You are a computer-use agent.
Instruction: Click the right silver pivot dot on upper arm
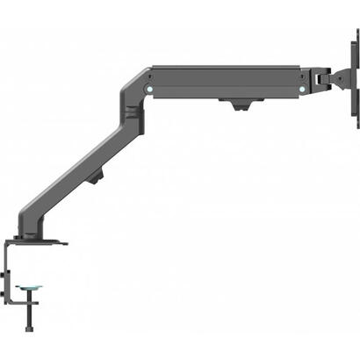[x=300, y=88]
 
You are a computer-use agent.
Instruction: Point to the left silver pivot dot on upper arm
[x=149, y=87]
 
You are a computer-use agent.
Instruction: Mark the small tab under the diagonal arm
[x=97, y=183]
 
